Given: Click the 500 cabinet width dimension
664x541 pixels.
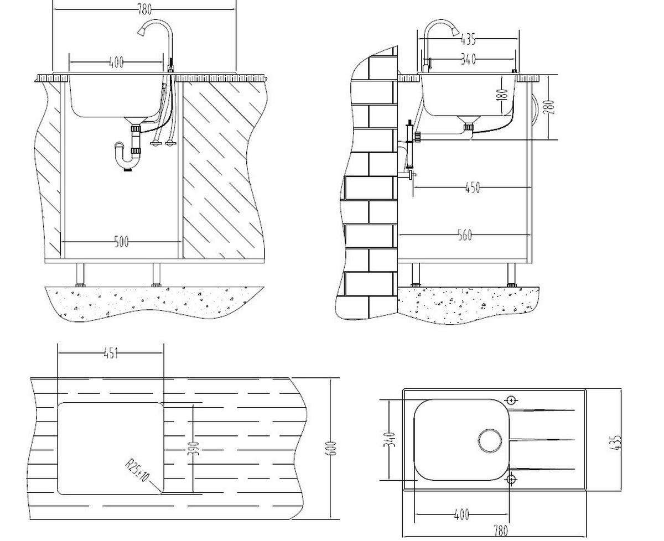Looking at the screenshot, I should coord(121,242).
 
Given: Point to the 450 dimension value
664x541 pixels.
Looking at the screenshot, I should coord(472,188).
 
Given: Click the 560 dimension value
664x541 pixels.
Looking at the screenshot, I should coord(465,236).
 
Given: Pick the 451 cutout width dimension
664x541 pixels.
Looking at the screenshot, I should coord(111,353).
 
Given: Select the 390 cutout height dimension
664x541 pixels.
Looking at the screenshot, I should coord(193,449).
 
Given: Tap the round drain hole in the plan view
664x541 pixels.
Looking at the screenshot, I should coord(490,441).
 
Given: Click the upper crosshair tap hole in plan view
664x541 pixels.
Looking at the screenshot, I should coord(512,400).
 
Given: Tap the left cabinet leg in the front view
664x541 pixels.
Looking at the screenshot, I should coord(80,274).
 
